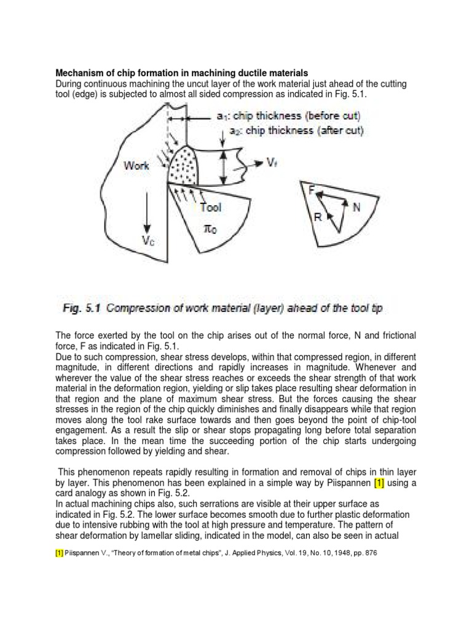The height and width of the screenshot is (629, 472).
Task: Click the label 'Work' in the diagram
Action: point(137,166)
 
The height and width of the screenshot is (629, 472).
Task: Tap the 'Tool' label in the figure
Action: point(210,208)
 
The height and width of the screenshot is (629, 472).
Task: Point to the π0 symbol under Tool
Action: point(210,228)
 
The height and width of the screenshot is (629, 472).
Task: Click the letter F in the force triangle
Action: point(312,192)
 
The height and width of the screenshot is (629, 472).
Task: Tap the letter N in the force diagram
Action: point(356,208)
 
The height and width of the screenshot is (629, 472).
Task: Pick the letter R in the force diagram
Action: point(317,217)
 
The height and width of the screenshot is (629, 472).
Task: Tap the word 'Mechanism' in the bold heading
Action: point(81,73)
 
